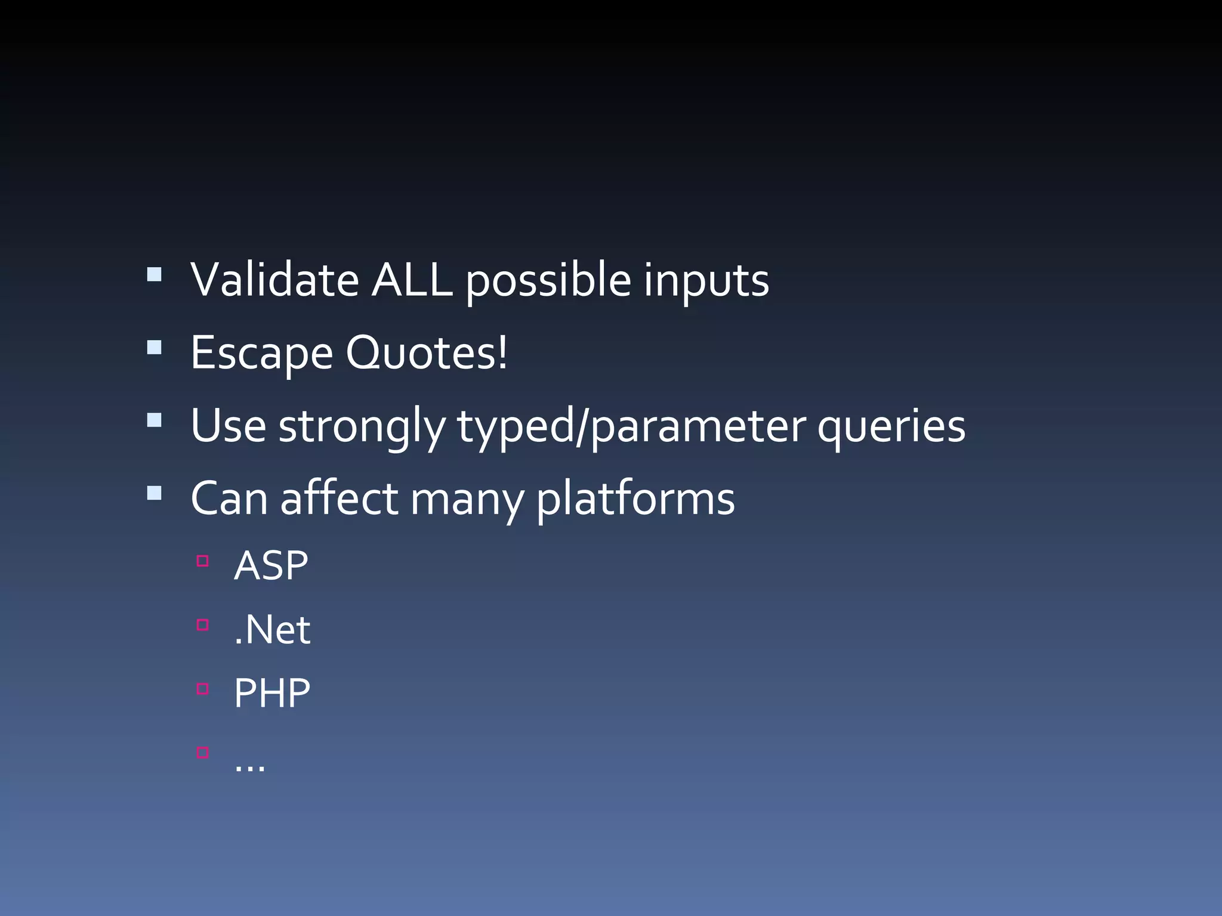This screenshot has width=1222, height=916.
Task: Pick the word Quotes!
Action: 427,353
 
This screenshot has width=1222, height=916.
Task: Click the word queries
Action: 891,427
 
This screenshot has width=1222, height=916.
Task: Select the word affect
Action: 340,499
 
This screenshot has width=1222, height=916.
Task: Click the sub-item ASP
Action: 271,565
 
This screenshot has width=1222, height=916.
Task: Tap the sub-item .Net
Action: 272,630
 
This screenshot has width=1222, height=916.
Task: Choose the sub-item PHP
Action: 272,693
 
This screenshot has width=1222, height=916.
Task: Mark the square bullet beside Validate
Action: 155,274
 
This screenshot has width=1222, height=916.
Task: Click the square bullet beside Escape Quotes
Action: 155,347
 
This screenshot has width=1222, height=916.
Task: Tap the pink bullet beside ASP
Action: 203,561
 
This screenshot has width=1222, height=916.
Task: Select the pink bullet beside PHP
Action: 203,689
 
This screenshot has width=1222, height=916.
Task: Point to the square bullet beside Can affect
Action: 155,493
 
